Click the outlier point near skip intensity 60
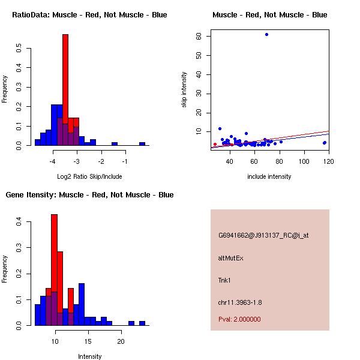tap(266, 34)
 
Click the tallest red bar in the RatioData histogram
tap(65, 90)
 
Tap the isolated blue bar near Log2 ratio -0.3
tap(142, 143)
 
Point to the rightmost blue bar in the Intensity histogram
tap(142, 323)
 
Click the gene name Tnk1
tap(224, 280)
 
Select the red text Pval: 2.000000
tap(239, 319)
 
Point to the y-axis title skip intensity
tap(185, 90)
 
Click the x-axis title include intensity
tap(269, 176)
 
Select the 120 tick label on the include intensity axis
tap(328, 161)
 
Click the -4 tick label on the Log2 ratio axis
tap(53, 161)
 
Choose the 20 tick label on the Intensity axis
tap(121, 341)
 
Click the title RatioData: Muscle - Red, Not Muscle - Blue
tap(89, 14)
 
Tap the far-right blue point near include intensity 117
tap(324, 143)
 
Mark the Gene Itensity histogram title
tap(89, 195)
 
